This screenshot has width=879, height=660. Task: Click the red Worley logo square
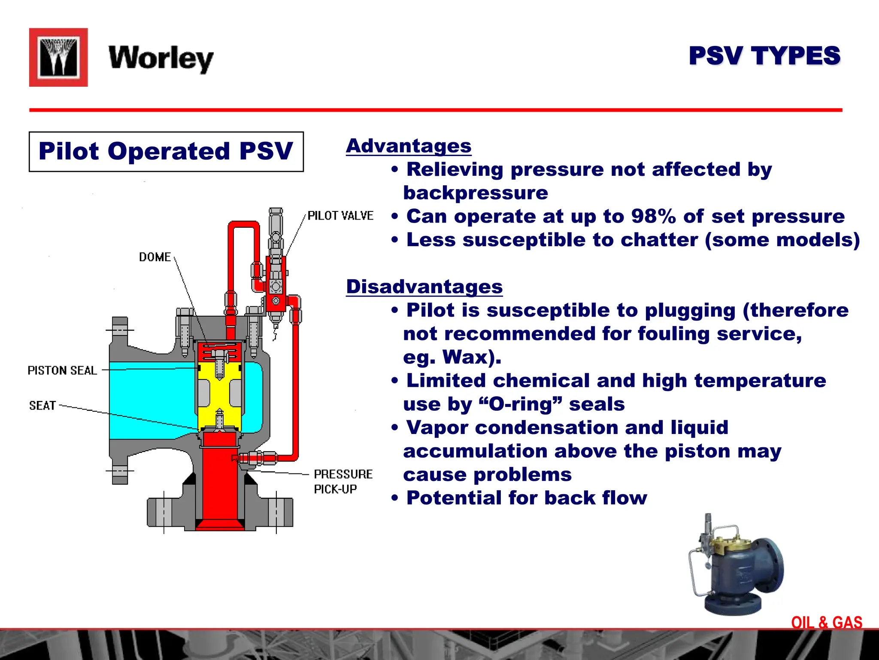(x=58, y=58)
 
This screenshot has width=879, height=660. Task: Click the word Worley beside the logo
(x=161, y=58)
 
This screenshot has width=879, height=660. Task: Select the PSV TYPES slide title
(x=764, y=56)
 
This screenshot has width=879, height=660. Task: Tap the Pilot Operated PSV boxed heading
(x=166, y=152)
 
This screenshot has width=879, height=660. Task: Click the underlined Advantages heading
(x=409, y=146)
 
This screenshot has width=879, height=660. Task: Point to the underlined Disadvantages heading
(x=424, y=287)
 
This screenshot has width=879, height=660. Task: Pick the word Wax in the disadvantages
(x=466, y=357)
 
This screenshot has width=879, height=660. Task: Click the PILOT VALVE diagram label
(x=340, y=216)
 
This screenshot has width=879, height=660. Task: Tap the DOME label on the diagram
(x=155, y=257)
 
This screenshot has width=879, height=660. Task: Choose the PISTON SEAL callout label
(x=62, y=370)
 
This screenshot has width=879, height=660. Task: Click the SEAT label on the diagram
(x=42, y=406)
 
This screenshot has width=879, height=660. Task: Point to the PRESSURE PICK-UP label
(x=343, y=481)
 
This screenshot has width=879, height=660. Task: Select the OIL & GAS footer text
(x=827, y=623)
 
